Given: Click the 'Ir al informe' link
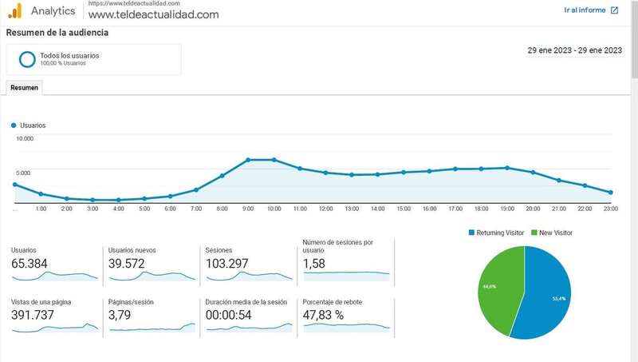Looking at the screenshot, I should coord(590,10).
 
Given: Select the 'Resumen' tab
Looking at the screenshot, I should coord(24,87).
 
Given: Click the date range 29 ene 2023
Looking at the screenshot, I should coord(574,50).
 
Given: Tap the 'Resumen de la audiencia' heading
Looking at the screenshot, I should coord(57,33).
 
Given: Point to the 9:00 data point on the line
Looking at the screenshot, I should coord(248,160).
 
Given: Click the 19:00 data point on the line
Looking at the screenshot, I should coord(507,168).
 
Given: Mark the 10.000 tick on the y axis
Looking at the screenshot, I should coord(25,139).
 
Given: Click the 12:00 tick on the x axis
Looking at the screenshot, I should coord(325,209).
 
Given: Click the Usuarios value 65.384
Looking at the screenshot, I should coord(29,263).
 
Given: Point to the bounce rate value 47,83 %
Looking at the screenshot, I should coord(324,315).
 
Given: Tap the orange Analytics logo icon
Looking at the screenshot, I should coord(14,10).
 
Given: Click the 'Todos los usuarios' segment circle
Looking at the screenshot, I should coord(27,59).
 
